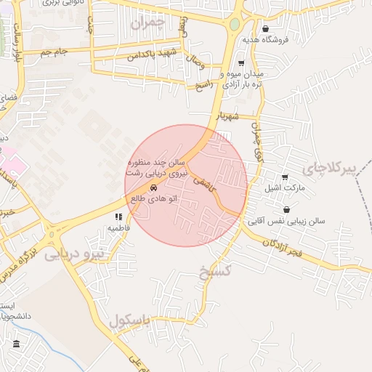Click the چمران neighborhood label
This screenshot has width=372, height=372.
pos(148,23)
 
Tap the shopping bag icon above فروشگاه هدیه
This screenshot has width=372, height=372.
pos(266,30)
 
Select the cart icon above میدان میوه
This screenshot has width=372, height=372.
pos(241,64)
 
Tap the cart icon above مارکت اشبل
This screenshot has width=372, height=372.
pos(285,177)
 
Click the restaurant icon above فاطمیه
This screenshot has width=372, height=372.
pos(118,217)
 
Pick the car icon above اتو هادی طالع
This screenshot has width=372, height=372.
pos(154,188)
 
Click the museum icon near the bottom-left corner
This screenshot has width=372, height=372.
pos(16,344)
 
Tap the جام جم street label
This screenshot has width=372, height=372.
pos(54,52)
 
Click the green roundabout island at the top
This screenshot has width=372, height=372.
pos(234,24)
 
